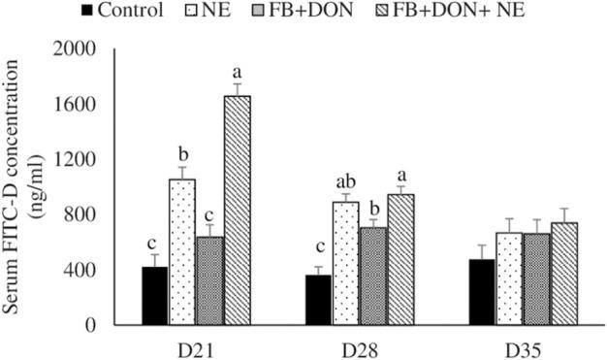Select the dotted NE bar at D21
click(x=181, y=251)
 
